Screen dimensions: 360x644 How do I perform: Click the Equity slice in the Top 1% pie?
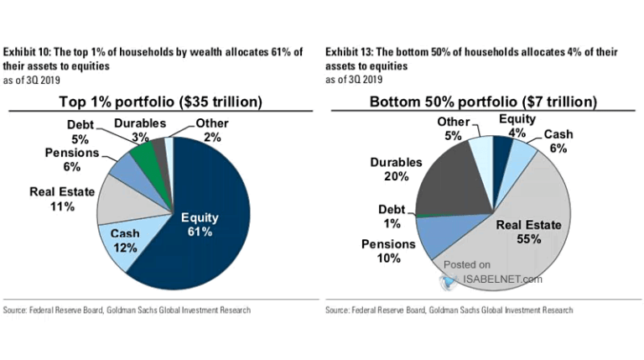[x=210, y=210]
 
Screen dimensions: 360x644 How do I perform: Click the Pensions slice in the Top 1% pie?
[x=124, y=171]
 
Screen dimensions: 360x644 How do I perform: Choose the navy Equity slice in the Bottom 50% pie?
[x=501, y=148]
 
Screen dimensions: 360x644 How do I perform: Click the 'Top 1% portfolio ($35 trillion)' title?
[x=160, y=102]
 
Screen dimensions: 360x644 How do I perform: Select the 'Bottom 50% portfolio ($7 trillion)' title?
[x=484, y=102]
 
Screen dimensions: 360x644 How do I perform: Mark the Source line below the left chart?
[x=128, y=310]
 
